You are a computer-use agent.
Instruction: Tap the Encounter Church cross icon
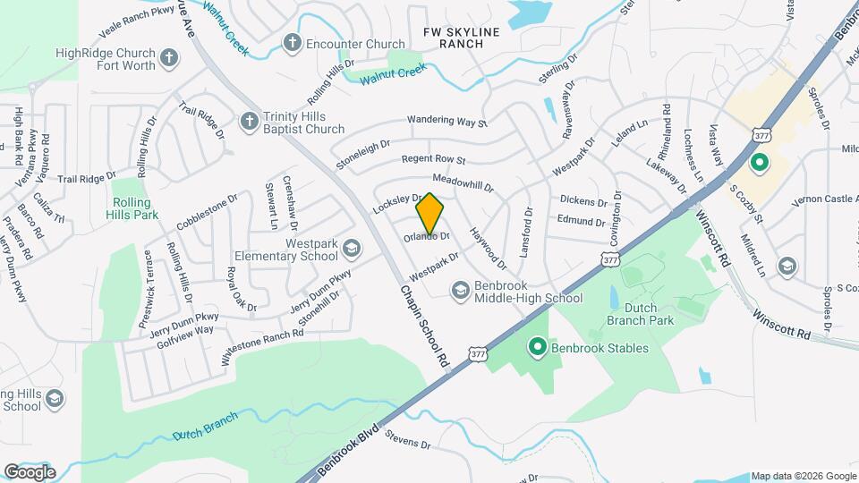click(x=292, y=43)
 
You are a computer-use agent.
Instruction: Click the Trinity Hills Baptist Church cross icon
click(x=250, y=121)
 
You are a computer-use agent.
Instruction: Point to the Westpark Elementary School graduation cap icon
click(x=351, y=247)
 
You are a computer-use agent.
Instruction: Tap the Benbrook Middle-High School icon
click(x=460, y=290)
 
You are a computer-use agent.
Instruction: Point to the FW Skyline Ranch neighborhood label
click(x=461, y=38)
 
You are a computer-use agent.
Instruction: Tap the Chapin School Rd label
click(x=423, y=328)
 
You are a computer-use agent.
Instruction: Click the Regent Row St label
click(x=434, y=160)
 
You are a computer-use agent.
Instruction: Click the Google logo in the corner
click(x=30, y=471)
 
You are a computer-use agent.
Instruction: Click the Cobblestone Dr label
click(x=207, y=211)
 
